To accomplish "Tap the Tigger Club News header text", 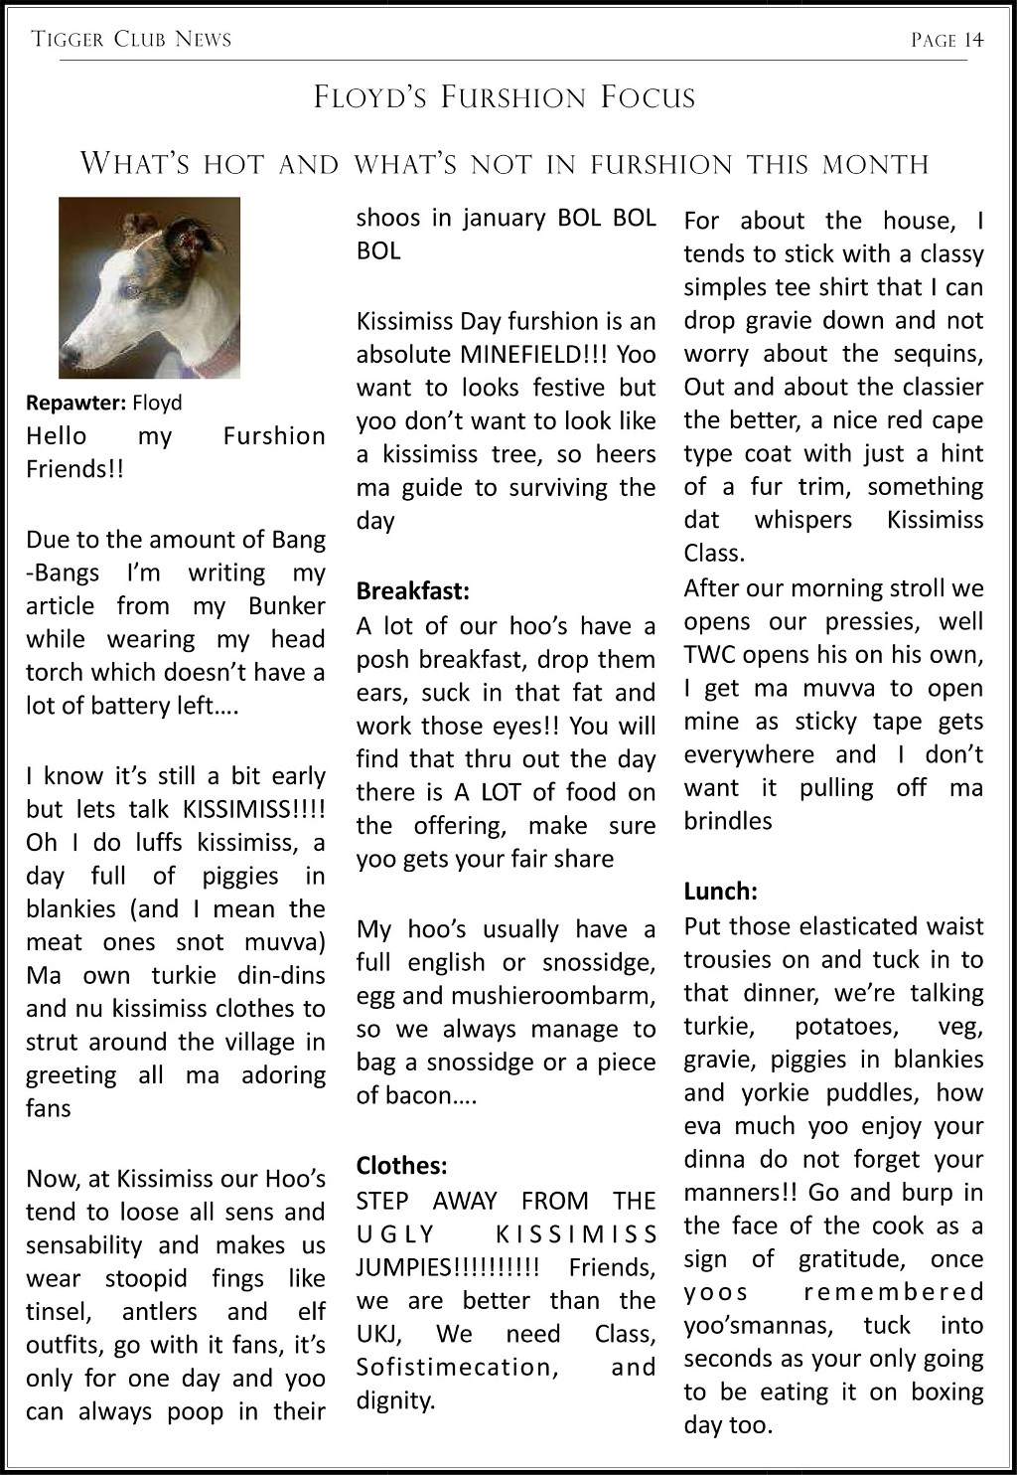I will tap(131, 40).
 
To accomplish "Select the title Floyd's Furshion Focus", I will tap(505, 97).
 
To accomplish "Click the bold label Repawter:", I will tap(75, 404).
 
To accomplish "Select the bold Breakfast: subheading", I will tap(412, 591).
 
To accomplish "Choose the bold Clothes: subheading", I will tap(401, 1165).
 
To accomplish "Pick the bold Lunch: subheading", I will tap(720, 891).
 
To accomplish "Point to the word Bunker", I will tap(287, 606).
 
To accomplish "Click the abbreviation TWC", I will tap(708, 655).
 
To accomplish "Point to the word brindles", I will tap(727, 821).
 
